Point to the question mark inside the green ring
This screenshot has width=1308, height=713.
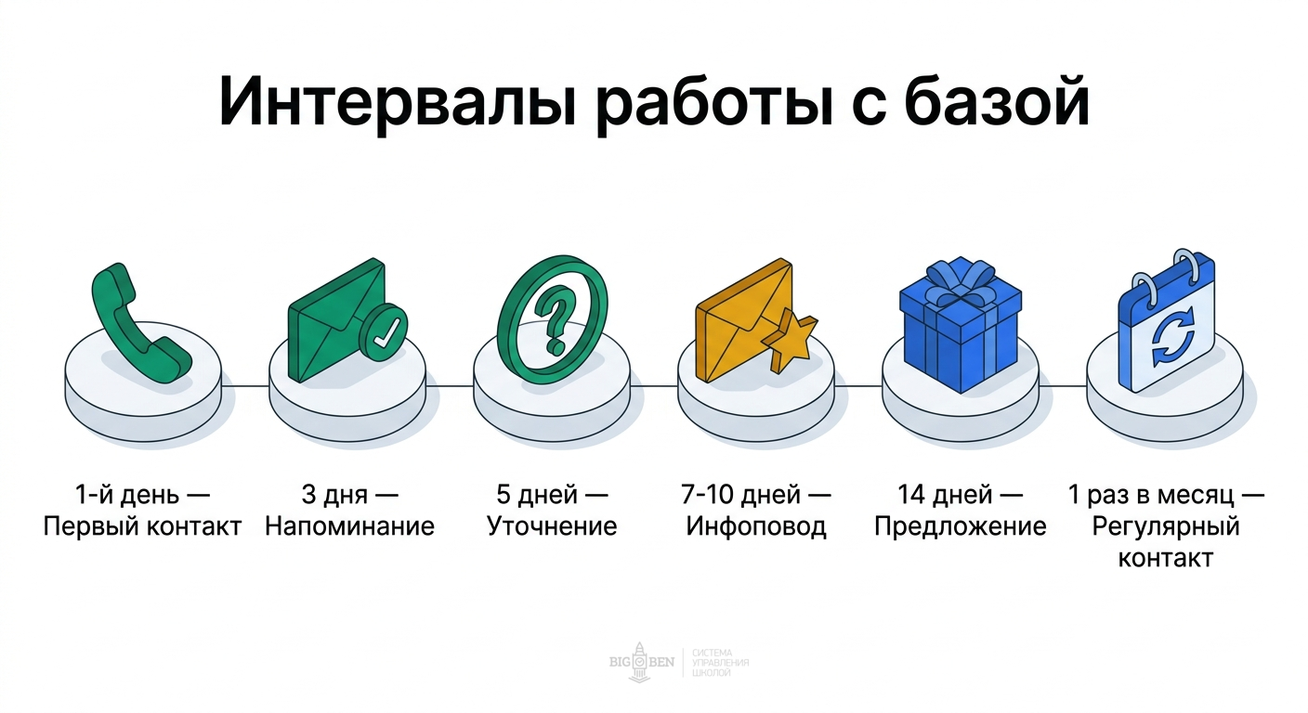[x=555, y=321]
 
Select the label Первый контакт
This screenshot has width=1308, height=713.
[x=142, y=526]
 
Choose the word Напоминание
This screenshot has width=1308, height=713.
[x=350, y=526]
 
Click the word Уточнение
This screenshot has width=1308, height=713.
[x=552, y=526]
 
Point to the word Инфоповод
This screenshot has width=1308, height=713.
[x=756, y=526]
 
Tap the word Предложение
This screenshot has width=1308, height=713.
[x=961, y=526]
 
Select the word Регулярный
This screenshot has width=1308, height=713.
[x=1166, y=526]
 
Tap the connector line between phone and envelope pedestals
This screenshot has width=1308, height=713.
[x=245, y=384]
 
